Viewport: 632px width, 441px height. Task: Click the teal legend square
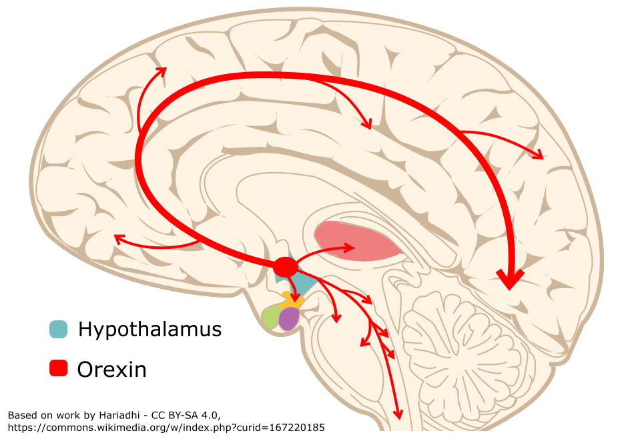tap(58, 329)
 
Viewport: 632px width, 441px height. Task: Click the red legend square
tap(58, 368)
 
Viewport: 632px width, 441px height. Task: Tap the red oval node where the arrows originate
tap(286, 267)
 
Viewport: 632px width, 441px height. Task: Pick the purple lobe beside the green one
tap(289, 318)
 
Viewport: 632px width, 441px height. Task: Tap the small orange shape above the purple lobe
tap(291, 302)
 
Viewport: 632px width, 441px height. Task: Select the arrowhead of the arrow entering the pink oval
tap(351, 248)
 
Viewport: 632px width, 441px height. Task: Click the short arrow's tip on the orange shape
tap(294, 299)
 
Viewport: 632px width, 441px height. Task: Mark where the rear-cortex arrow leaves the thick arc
tap(460, 133)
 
